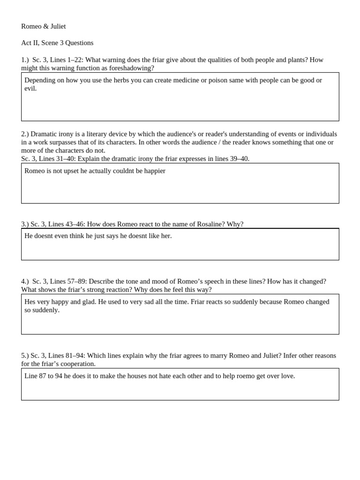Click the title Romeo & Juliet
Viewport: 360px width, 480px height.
(x=44, y=26)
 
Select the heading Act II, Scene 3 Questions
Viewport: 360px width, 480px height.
(x=57, y=43)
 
